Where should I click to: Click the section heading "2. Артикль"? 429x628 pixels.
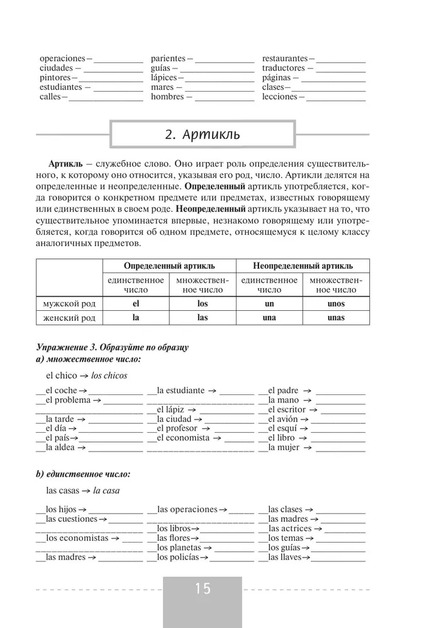tap(201, 135)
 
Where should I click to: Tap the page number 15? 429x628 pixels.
tap(203, 589)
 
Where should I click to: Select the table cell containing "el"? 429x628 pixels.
tap(135, 303)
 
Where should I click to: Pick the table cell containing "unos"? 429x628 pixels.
tap(336, 303)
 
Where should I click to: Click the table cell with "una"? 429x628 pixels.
tap(269, 318)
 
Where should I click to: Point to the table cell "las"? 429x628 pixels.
tap(202, 318)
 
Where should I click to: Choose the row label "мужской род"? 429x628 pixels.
tap(69, 303)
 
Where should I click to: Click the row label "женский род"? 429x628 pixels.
tap(69, 318)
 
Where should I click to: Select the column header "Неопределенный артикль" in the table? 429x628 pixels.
tap(303, 266)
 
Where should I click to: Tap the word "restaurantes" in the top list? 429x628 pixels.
tap(284, 58)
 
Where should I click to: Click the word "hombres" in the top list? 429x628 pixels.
tap(167, 97)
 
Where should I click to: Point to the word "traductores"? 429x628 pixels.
tap(283, 68)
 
